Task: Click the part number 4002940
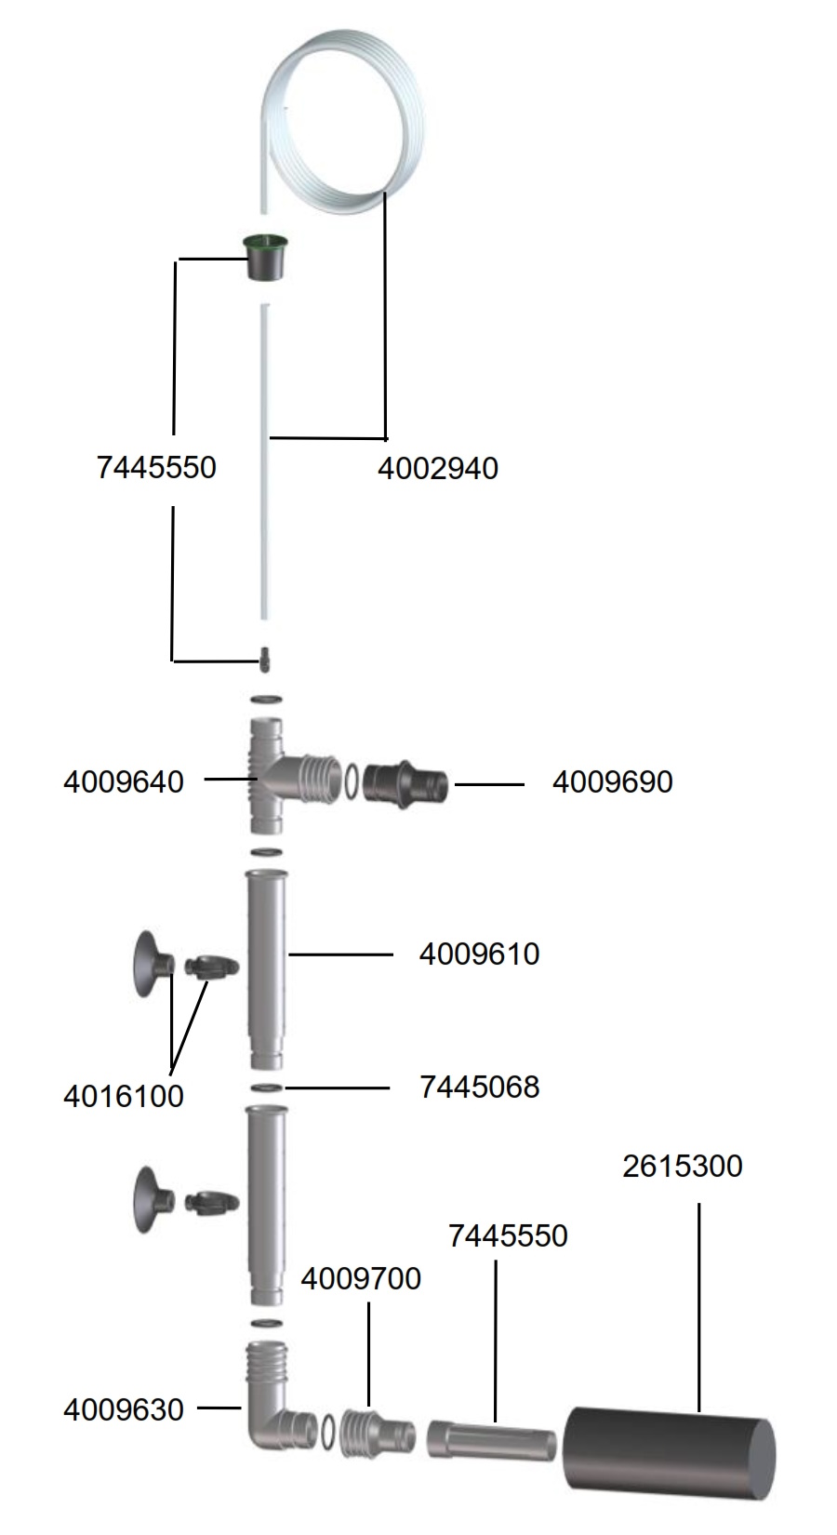[x=438, y=469]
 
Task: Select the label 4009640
[x=124, y=781]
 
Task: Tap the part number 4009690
[x=612, y=781]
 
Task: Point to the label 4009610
[x=480, y=954]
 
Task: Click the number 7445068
[x=480, y=1087]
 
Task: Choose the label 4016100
[x=124, y=1096]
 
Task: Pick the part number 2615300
[x=683, y=1166]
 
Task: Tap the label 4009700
[x=361, y=1279]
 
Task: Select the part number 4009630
[x=124, y=1409]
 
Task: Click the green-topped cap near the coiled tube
[x=266, y=257]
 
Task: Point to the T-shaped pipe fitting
[x=287, y=776]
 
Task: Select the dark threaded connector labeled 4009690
[x=405, y=781]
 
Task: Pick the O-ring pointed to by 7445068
[x=267, y=1088]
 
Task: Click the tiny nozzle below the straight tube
[x=264, y=660]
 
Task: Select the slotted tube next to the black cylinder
[x=491, y=1439]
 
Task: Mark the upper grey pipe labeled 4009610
[x=266, y=969]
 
